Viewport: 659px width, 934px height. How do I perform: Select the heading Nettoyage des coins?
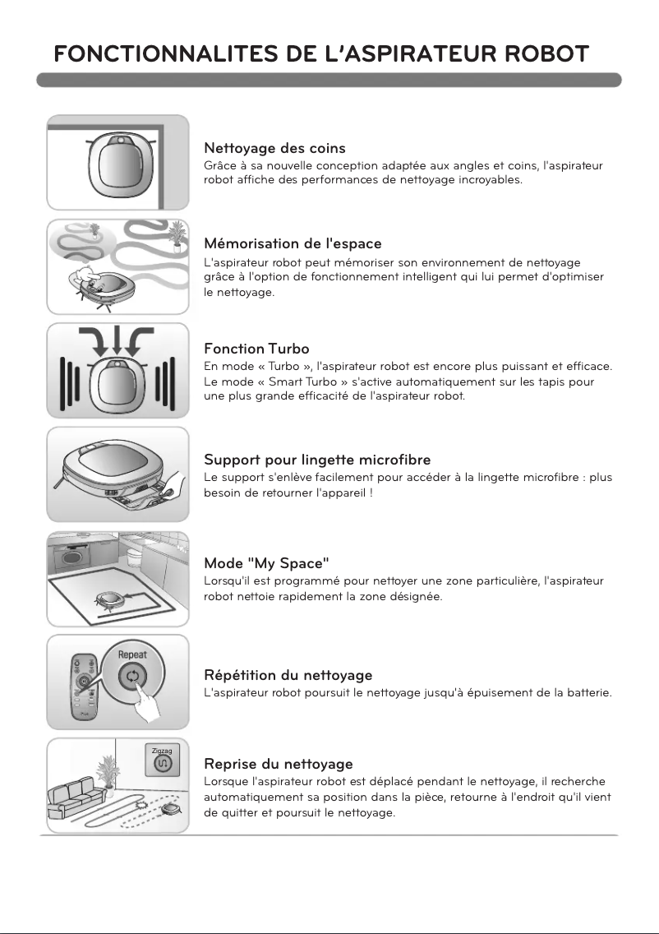point(274,148)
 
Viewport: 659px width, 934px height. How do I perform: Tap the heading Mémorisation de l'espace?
point(293,243)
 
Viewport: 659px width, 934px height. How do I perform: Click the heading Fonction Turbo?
point(256,349)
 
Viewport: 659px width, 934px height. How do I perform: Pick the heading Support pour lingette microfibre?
point(317,460)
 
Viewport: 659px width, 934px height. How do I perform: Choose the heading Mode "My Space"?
point(267,563)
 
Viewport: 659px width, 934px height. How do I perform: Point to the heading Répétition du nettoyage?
point(288,675)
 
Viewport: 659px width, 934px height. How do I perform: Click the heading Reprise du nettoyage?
point(279,764)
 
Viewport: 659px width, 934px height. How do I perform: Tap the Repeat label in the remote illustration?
point(132,654)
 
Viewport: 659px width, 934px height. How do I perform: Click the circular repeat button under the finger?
point(132,676)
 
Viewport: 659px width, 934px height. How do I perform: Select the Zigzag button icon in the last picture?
point(161,763)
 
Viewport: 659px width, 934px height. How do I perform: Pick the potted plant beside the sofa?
point(108,774)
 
